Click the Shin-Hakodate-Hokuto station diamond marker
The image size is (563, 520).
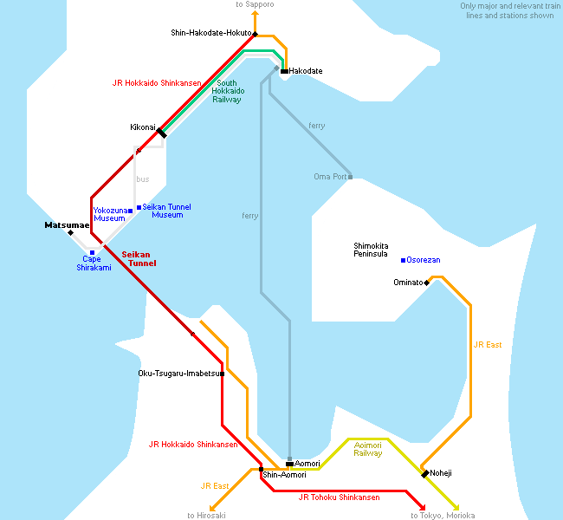pos(255,34)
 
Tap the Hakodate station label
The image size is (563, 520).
pos(306,71)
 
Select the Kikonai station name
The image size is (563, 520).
pos(143,127)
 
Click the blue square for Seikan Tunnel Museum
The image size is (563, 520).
pos(139,207)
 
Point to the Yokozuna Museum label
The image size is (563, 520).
pos(110,214)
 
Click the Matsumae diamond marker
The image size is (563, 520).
pos(71,233)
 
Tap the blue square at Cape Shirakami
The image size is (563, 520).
pos(93,252)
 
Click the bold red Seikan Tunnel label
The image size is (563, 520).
pos(139,259)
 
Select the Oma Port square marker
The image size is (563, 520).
pos(351,177)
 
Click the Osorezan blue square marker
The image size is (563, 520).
pos(404,260)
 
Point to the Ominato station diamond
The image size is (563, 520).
pos(426,283)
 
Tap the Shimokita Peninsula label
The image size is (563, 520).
pos(371,250)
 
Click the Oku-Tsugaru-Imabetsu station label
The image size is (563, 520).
pos(178,374)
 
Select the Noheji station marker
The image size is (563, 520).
pos(425,474)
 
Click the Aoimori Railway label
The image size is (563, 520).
pos(367,449)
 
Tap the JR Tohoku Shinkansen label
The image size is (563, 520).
pos(340,497)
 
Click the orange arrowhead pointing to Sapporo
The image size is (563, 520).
pos(255,13)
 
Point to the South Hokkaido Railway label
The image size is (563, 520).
pos(228,91)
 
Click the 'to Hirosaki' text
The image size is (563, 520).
pos(206,516)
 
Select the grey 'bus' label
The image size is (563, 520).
pos(143,179)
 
